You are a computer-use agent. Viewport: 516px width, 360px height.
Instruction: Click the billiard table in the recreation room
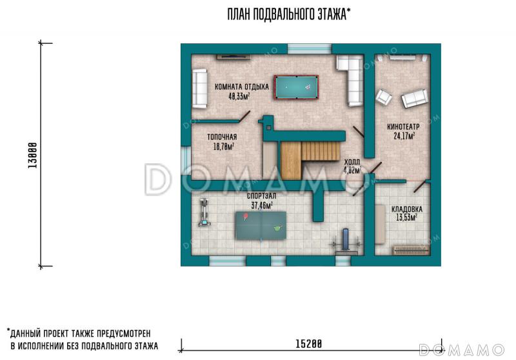296,87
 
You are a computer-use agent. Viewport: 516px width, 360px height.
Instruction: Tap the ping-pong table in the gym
261,225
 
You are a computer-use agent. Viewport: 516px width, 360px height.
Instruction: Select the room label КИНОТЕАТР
403,126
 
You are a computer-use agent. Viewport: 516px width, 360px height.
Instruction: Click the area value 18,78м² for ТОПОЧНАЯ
224,146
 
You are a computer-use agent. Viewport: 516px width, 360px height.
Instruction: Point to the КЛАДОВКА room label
407,209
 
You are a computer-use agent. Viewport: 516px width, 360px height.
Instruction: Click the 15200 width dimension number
308,345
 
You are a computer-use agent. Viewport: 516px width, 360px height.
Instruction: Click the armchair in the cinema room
384,97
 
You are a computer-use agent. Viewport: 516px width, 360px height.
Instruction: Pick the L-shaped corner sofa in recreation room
351,79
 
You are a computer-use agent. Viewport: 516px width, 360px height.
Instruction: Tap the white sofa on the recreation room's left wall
200,88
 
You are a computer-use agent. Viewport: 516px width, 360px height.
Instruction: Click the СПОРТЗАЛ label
262,196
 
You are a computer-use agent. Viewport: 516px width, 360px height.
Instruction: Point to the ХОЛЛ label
352,162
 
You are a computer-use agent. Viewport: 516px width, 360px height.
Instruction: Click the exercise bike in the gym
204,212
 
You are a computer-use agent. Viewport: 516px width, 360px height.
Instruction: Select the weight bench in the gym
346,241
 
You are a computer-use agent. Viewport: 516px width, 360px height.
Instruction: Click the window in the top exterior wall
310,48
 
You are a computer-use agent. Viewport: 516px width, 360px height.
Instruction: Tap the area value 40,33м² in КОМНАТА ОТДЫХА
239,96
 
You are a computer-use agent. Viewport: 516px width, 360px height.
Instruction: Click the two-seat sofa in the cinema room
415,99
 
